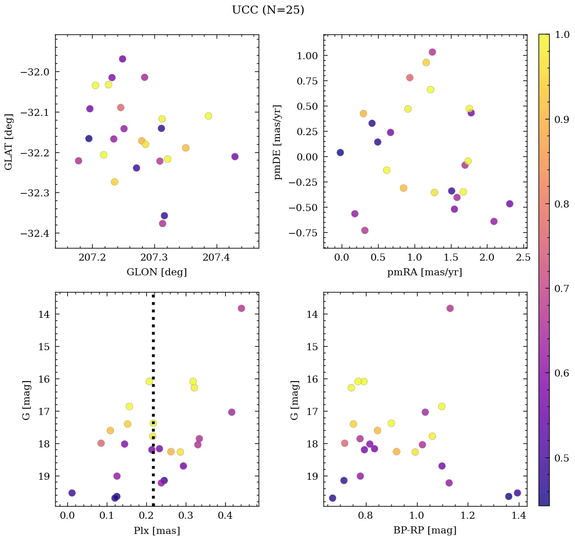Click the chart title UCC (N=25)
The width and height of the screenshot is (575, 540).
click(x=268, y=10)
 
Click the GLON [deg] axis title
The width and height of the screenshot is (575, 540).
click(x=156, y=272)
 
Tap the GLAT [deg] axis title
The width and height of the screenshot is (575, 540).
click(x=9, y=141)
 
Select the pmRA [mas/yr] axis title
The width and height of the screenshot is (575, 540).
click(x=424, y=272)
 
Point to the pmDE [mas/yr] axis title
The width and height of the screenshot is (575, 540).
click(x=277, y=142)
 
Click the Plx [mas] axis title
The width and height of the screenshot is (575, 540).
click(x=156, y=530)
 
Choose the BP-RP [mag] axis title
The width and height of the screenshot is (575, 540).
click(x=425, y=530)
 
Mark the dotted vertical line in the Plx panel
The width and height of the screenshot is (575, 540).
click(x=153, y=354)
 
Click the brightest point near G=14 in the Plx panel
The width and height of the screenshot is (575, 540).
click(x=241, y=308)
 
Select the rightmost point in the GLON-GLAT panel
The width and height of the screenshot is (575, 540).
click(x=235, y=156)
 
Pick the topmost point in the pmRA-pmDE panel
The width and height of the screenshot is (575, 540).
click(x=432, y=52)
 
